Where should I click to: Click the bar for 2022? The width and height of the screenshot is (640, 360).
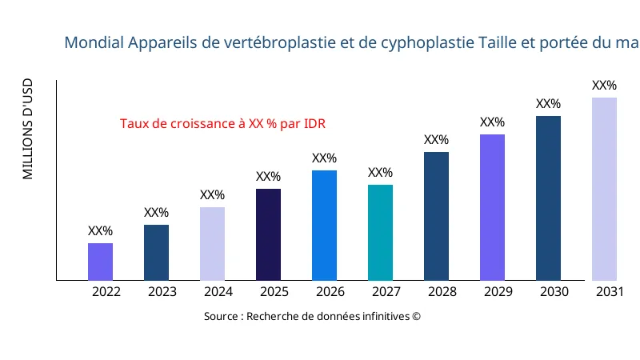100,262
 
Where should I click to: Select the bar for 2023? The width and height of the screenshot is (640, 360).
156,253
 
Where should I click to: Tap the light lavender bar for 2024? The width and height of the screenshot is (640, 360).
212,244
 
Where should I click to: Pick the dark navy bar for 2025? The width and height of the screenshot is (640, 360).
268,234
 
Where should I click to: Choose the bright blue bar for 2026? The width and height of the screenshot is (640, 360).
324,226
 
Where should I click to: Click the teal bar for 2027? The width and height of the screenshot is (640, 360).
380,233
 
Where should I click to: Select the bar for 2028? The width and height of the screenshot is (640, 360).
436,216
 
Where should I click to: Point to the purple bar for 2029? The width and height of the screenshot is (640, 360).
492,207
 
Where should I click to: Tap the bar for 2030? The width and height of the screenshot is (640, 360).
548,198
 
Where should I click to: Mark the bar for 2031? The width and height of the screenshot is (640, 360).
604,189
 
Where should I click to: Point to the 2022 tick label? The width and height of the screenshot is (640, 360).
106,292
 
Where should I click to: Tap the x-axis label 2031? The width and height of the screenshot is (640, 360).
610,292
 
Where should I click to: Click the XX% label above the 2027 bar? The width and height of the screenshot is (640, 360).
380,173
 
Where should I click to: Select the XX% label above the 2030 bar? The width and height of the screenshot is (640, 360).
548,104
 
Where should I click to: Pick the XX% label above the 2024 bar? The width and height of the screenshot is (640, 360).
212,195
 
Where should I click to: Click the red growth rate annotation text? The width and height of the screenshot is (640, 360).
222,124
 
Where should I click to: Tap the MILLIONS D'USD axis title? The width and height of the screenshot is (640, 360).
28,129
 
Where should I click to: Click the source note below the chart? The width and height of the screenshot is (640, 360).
312,316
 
